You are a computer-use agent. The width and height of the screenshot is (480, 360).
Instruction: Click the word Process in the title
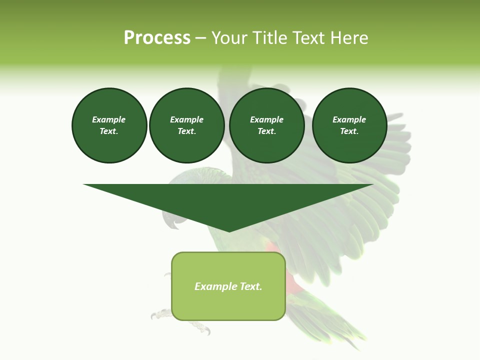tap(157, 38)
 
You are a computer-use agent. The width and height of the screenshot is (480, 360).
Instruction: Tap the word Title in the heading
tap(268, 38)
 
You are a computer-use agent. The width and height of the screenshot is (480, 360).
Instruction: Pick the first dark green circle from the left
tap(109, 125)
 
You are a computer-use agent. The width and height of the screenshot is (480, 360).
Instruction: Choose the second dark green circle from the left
tap(186, 125)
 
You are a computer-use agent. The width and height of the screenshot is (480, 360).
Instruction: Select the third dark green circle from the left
tap(266, 125)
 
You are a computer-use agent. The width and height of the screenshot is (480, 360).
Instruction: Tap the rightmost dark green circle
tap(349, 125)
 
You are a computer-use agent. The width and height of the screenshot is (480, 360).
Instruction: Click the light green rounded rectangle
tap(228, 286)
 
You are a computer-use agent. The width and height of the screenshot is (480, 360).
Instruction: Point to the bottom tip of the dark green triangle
tap(229, 231)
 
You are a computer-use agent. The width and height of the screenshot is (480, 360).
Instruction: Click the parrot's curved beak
tap(170, 220)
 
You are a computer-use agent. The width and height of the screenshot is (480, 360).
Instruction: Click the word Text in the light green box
tap(251, 286)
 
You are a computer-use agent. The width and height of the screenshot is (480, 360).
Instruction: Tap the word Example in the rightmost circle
tap(349, 119)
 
